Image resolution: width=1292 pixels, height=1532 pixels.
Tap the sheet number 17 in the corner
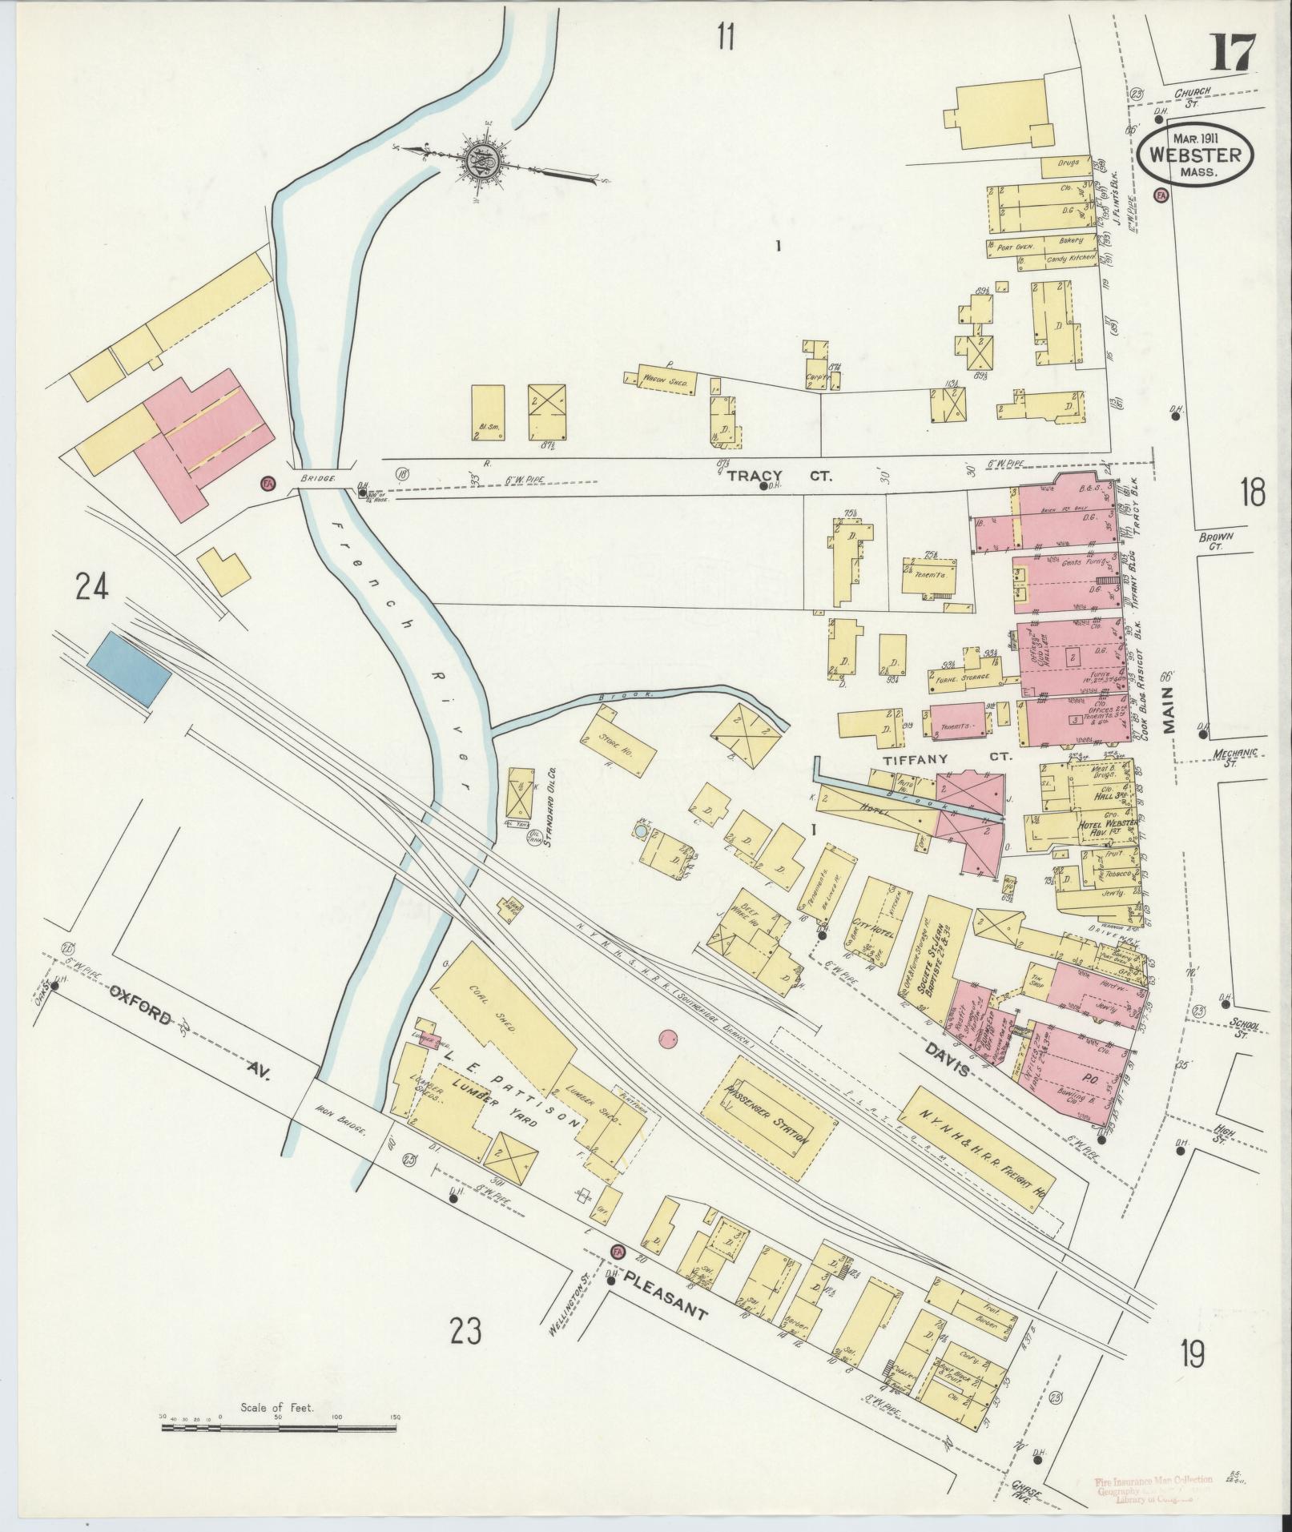click(1232, 54)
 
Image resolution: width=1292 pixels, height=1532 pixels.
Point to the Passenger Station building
click(768, 1116)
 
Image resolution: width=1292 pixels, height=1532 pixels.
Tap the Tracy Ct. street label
click(779, 476)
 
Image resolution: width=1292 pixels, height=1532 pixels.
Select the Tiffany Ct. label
click(948, 757)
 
